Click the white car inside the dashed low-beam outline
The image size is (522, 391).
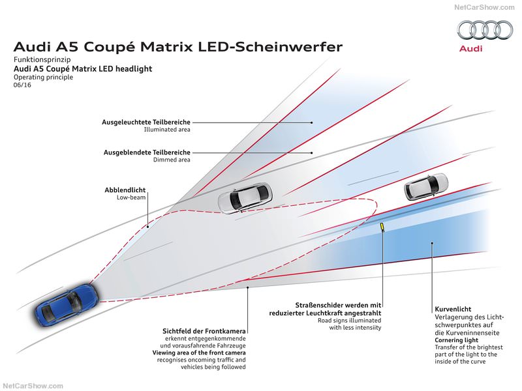pyautogui.click(x=244, y=197)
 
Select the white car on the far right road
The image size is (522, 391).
pyautogui.click(x=427, y=186)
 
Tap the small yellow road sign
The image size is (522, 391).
pyautogui.click(x=382, y=227)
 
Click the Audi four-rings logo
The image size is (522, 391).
pyautogui.click(x=485, y=30)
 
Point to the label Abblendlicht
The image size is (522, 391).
pyautogui.click(x=125, y=190)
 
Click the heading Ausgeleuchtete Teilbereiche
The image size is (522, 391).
pyautogui.click(x=146, y=122)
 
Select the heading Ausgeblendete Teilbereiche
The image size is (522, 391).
pyautogui.click(x=147, y=152)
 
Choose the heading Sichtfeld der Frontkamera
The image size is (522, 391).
pyautogui.click(x=204, y=332)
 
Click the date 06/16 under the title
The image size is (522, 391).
pyautogui.click(x=22, y=85)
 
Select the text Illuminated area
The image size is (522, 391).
pyautogui.click(x=167, y=130)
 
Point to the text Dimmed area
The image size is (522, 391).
pyautogui.click(x=172, y=160)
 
